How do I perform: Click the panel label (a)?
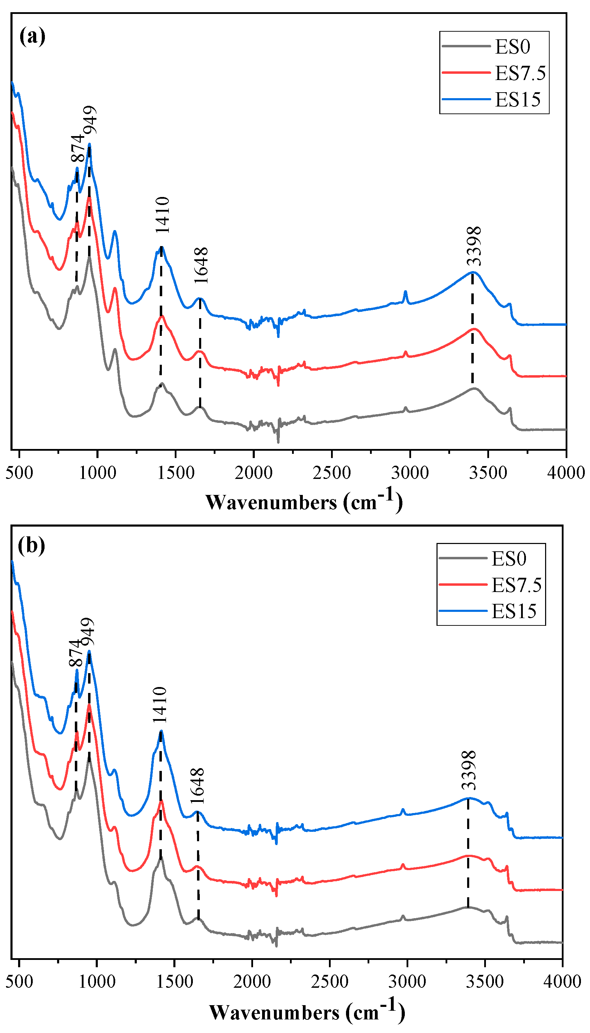point(32,37)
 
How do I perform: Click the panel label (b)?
point(31,546)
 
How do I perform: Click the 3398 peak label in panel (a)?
point(474,246)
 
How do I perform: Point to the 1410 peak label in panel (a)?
point(163,215)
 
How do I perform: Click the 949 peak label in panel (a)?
point(90,120)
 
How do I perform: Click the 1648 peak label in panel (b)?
point(197,786)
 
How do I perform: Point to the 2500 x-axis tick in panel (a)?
point(331,473)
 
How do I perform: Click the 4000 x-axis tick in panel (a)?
point(566,473)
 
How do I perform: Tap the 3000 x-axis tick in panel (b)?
point(407,981)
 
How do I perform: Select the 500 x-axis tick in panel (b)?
point(19,981)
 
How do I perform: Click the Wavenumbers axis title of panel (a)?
point(304,502)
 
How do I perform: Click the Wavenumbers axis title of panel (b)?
point(307,1011)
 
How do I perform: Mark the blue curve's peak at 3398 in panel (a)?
point(472,272)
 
